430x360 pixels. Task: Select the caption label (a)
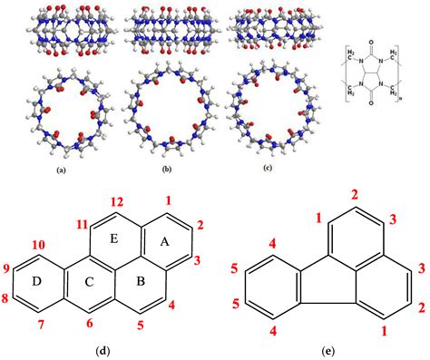click(x=60, y=170)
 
